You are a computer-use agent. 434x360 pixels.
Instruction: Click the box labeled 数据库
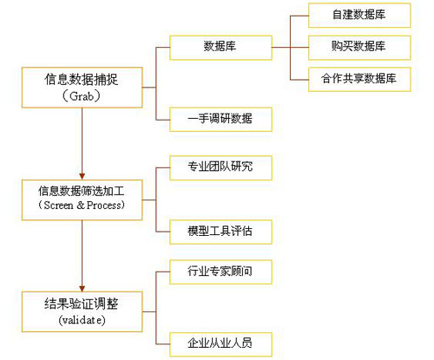click(x=220, y=48)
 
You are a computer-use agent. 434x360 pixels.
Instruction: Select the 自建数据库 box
click(x=359, y=16)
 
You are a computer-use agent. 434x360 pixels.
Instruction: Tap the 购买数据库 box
click(x=359, y=48)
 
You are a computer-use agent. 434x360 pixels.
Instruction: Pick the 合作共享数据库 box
click(x=359, y=80)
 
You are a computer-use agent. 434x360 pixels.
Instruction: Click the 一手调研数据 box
click(x=220, y=119)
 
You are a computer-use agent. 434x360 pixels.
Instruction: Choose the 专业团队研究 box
click(x=220, y=167)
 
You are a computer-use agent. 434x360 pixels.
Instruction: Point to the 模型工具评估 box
click(x=220, y=232)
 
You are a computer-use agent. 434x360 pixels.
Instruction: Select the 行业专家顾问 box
click(x=220, y=272)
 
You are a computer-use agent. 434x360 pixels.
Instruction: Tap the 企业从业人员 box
click(x=220, y=344)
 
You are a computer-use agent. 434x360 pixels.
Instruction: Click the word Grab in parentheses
click(x=82, y=96)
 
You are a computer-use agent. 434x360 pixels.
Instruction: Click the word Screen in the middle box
click(x=58, y=206)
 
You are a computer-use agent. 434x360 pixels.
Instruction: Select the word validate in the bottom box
click(x=82, y=320)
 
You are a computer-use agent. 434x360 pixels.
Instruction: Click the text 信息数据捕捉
click(x=82, y=80)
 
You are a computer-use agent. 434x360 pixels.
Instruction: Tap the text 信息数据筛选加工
click(x=82, y=191)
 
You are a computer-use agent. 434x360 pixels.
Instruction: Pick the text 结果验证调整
click(x=82, y=304)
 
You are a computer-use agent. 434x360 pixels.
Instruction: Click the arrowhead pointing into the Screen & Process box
click(x=82, y=176)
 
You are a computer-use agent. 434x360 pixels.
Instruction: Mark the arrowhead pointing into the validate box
click(x=82, y=288)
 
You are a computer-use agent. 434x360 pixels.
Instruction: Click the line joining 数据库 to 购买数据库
click(x=290, y=48)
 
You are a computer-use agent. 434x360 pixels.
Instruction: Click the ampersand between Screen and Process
click(x=81, y=206)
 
